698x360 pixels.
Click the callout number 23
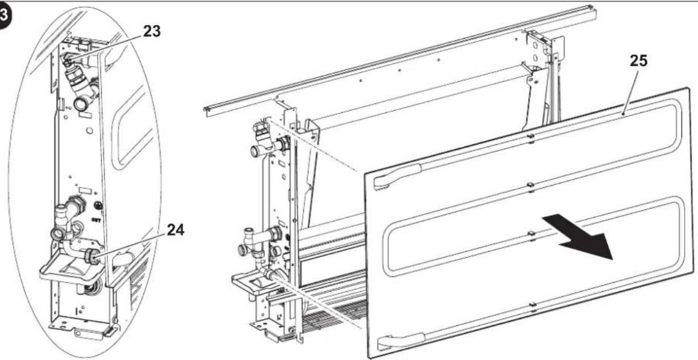pos(152,31)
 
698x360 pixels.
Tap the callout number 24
pos(175,230)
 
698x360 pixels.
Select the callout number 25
pos(639,61)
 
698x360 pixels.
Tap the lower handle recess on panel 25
pos(401,341)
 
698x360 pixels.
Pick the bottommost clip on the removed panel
pos(532,307)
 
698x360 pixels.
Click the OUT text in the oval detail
pos(96,220)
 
